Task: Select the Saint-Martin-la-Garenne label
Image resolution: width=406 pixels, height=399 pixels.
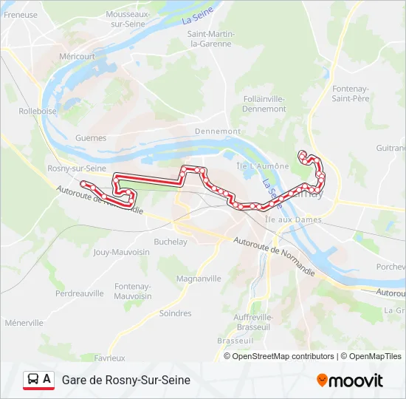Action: [212, 38]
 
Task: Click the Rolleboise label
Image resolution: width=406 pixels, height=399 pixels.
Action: [38, 112]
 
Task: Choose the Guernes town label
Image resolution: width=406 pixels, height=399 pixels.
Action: [91, 137]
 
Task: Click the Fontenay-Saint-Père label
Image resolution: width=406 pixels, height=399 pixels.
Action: [351, 94]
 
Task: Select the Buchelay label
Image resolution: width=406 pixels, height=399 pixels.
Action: [171, 242]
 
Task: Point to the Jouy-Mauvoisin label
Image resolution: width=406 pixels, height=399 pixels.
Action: [122, 252]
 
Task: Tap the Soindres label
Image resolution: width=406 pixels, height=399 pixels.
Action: [175, 313]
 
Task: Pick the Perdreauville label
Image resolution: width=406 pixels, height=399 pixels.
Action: [80, 293]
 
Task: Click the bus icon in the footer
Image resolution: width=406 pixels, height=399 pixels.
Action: [32, 380]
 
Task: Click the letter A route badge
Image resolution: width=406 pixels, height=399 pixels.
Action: [47, 379]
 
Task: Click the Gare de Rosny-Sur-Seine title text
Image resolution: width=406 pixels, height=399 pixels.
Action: [126, 380]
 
